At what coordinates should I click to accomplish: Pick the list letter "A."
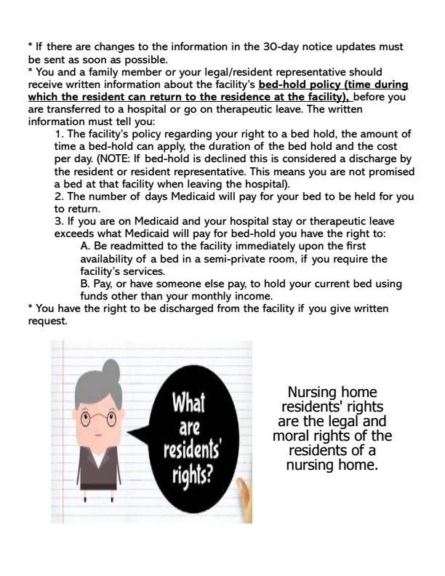(x=86, y=246)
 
